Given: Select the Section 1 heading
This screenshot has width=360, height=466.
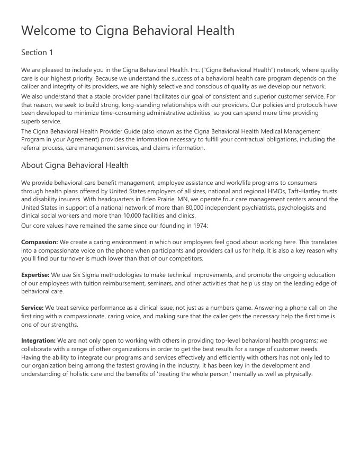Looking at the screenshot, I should [37, 52].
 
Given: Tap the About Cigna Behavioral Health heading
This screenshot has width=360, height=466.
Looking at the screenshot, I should [75, 165].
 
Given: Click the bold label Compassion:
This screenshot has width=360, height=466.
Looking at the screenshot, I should [40, 242].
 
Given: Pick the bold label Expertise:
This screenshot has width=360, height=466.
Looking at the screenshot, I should [35, 275].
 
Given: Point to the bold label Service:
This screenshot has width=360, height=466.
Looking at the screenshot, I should [32, 308].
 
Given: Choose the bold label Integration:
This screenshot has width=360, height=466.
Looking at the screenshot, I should [38, 340].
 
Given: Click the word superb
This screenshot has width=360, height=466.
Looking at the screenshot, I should [31, 121].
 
